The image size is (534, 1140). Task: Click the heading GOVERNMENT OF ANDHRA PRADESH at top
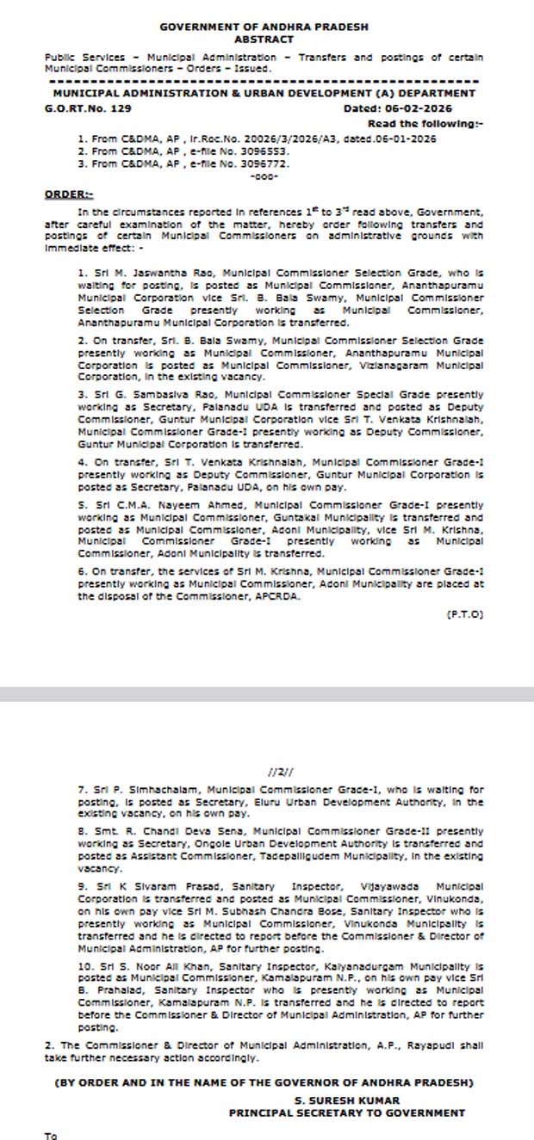(x=264, y=28)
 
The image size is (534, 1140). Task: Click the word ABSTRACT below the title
(x=264, y=40)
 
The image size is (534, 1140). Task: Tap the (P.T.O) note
(x=465, y=613)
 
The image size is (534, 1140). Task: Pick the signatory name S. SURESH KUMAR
(x=346, y=1100)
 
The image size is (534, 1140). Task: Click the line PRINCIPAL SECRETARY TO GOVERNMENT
(x=346, y=1112)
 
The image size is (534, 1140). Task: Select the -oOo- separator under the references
(x=263, y=176)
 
